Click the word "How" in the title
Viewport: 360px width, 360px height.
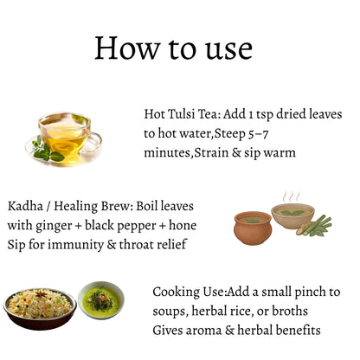pos(127,48)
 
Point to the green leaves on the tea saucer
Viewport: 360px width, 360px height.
pos(46,150)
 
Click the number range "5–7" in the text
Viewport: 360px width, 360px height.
pos(258,133)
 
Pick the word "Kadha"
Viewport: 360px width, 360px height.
pos(25,206)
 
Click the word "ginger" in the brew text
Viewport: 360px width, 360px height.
pos(54,226)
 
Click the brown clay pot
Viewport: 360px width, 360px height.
pos(253,228)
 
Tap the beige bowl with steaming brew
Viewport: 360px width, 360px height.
pos(292,215)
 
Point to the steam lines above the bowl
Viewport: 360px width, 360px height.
pos(291,196)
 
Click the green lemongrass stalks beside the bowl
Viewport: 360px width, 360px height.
pos(316,226)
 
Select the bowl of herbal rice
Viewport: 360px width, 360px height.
pos(40,309)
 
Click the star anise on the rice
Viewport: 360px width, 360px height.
pos(42,293)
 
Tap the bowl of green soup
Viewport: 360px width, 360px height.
pos(101,300)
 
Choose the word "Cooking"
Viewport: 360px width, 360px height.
pos(176,292)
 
